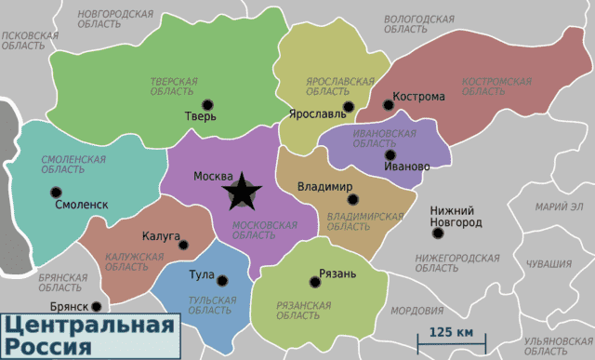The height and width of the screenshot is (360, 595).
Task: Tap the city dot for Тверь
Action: point(206,104)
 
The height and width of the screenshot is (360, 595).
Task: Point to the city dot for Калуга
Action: point(183,246)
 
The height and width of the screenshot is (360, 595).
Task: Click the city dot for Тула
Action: point(222,278)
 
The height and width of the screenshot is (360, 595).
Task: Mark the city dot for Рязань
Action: point(312,283)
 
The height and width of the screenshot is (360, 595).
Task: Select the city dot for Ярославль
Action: point(349,107)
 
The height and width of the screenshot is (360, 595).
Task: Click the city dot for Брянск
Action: point(97,305)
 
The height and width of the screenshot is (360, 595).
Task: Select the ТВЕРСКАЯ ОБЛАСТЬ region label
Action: point(174,87)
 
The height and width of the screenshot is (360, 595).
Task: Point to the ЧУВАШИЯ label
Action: point(549,263)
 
